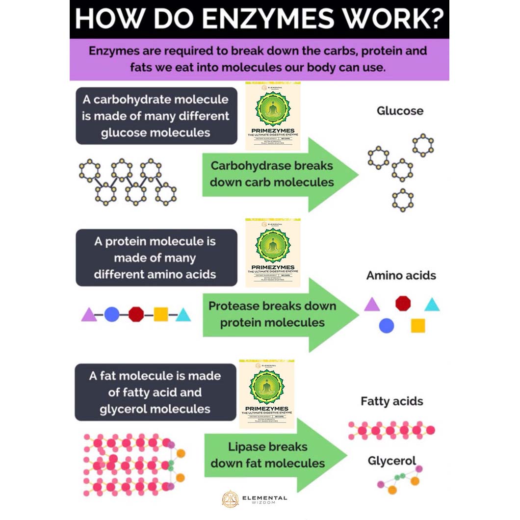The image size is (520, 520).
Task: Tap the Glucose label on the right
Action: tap(400, 111)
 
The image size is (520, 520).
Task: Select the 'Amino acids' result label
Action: tap(401, 275)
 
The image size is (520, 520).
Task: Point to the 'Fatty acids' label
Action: tap(391, 401)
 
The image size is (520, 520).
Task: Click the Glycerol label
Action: tap(391, 461)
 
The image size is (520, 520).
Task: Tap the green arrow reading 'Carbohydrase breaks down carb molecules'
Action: tap(275, 174)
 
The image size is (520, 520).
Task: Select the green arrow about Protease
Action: tap(275, 314)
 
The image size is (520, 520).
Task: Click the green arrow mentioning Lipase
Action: tap(270, 455)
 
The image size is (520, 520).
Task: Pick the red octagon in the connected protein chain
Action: tap(136, 314)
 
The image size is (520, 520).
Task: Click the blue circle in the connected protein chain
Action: tap(112, 314)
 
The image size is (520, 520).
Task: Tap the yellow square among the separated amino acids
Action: tap(417, 325)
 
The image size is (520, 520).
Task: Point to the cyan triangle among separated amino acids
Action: tap(432, 305)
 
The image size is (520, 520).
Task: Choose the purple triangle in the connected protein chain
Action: tap(89, 314)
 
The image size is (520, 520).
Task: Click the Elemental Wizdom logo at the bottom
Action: tap(254, 499)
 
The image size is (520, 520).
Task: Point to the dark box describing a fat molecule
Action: tap(155, 392)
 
